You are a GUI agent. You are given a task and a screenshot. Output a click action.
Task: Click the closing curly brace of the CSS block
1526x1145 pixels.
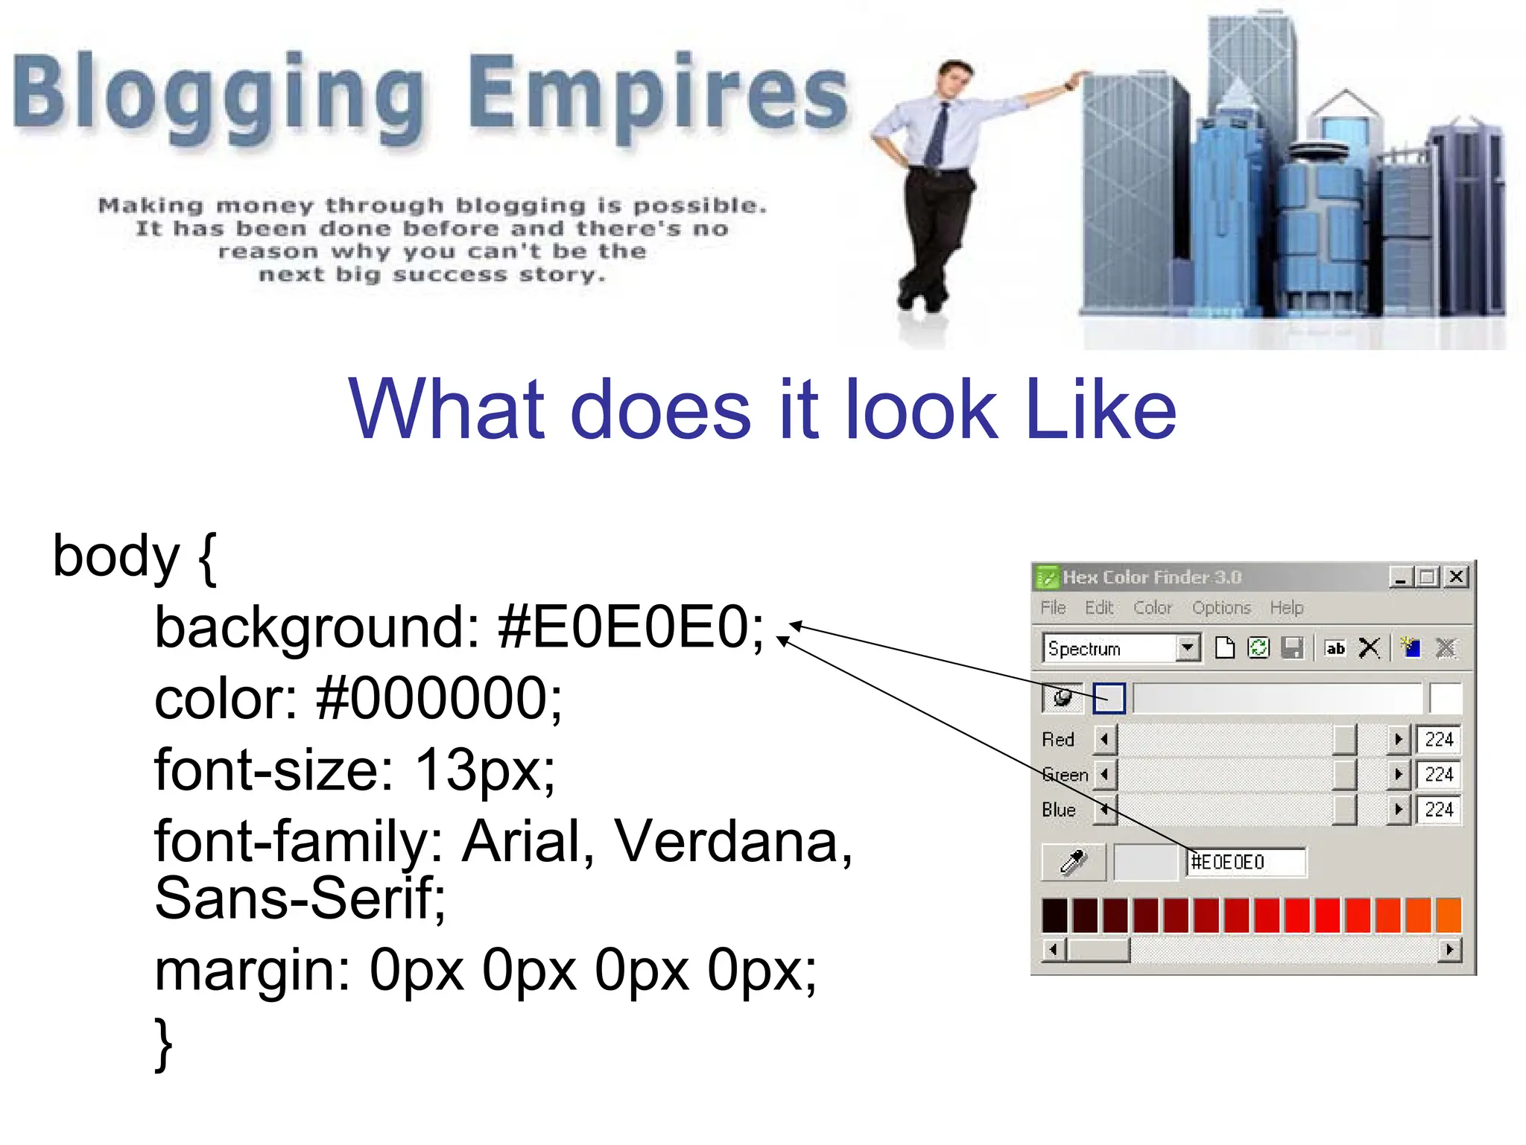[163, 1043]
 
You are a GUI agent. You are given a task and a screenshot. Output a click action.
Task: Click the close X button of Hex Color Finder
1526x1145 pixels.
[1456, 577]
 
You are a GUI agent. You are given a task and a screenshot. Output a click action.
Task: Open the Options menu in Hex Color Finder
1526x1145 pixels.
[1221, 608]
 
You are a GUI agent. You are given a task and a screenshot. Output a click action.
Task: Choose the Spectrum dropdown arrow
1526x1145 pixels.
[1188, 648]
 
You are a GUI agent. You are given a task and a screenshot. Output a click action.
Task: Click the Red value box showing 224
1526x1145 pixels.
[1438, 739]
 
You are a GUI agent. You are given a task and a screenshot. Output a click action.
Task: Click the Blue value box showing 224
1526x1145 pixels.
[1438, 810]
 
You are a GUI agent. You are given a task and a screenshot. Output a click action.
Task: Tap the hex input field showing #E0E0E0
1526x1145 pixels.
[1244, 862]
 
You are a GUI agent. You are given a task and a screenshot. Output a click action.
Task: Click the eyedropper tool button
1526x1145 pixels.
[1073, 862]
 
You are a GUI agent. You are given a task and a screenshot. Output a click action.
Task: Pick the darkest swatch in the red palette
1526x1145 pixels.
[1054, 916]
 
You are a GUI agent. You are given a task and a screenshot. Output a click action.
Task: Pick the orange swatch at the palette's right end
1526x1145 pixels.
[1448, 916]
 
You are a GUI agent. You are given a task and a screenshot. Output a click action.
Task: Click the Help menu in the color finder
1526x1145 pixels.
[1286, 608]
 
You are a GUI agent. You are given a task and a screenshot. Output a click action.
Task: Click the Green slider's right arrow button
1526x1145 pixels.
[1398, 775]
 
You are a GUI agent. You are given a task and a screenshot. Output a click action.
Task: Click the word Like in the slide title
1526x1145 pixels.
[1101, 410]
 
